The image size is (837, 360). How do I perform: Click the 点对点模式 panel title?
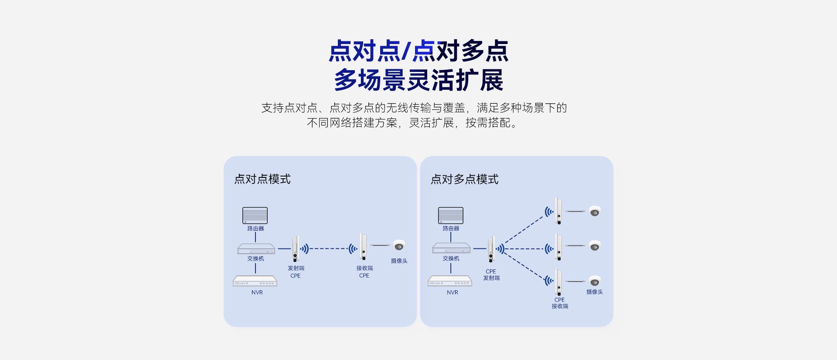(x=262, y=179)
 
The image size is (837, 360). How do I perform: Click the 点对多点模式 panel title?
(x=464, y=179)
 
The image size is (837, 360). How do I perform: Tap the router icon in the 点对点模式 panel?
(x=255, y=215)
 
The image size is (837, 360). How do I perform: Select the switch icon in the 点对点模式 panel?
(x=256, y=248)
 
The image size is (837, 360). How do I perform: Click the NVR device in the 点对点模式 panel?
(x=255, y=281)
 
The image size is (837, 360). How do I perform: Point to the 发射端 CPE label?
(x=296, y=272)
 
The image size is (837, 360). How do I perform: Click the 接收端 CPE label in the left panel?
(x=364, y=272)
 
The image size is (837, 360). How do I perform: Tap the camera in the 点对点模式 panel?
(x=399, y=246)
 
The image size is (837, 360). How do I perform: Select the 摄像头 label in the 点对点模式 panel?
(x=399, y=261)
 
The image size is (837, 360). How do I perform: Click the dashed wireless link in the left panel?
(x=329, y=248)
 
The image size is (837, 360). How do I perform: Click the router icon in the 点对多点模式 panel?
(x=451, y=215)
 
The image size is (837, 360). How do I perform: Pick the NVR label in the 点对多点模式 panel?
(x=453, y=292)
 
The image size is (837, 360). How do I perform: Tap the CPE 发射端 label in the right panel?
(x=491, y=275)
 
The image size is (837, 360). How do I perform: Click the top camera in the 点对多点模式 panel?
(x=595, y=211)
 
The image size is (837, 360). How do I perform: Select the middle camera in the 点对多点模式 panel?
(x=595, y=246)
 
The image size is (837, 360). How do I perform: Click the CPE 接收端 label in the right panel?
(x=560, y=303)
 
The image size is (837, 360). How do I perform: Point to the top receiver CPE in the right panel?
(x=558, y=211)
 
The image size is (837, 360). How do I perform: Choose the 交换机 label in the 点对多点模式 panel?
(x=451, y=258)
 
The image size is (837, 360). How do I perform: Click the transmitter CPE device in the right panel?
(x=491, y=248)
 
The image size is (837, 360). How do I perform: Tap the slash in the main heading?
(x=406, y=51)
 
